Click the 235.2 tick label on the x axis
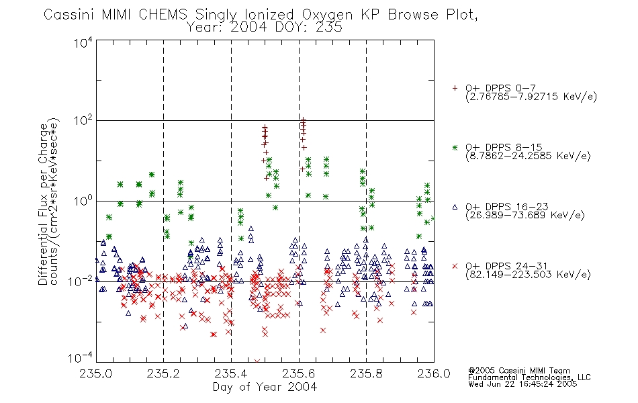click(x=163, y=373)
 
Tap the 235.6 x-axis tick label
click(x=299, y=373)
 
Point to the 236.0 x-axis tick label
click(x=434, y=373)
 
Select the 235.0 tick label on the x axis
click(x=95, y=373)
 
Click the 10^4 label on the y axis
click(x=83, y=43)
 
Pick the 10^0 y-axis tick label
click(x=83, y=201)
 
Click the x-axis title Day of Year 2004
click(x=265, y=387)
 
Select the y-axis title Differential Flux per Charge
click(x=44, y=204)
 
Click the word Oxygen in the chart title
click(x=327, y=15)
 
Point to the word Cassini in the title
click(x=69, y=15)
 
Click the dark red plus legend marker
click(x=455, y=88)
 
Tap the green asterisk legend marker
click(x=455, y=147)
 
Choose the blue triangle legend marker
click(x=455, y=207)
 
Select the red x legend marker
click(x=455, y=266)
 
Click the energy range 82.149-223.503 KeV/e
click(x=528, y=275)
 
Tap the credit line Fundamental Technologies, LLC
click(x=529, y=377)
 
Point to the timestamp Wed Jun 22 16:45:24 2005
click(x=522, y=384)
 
